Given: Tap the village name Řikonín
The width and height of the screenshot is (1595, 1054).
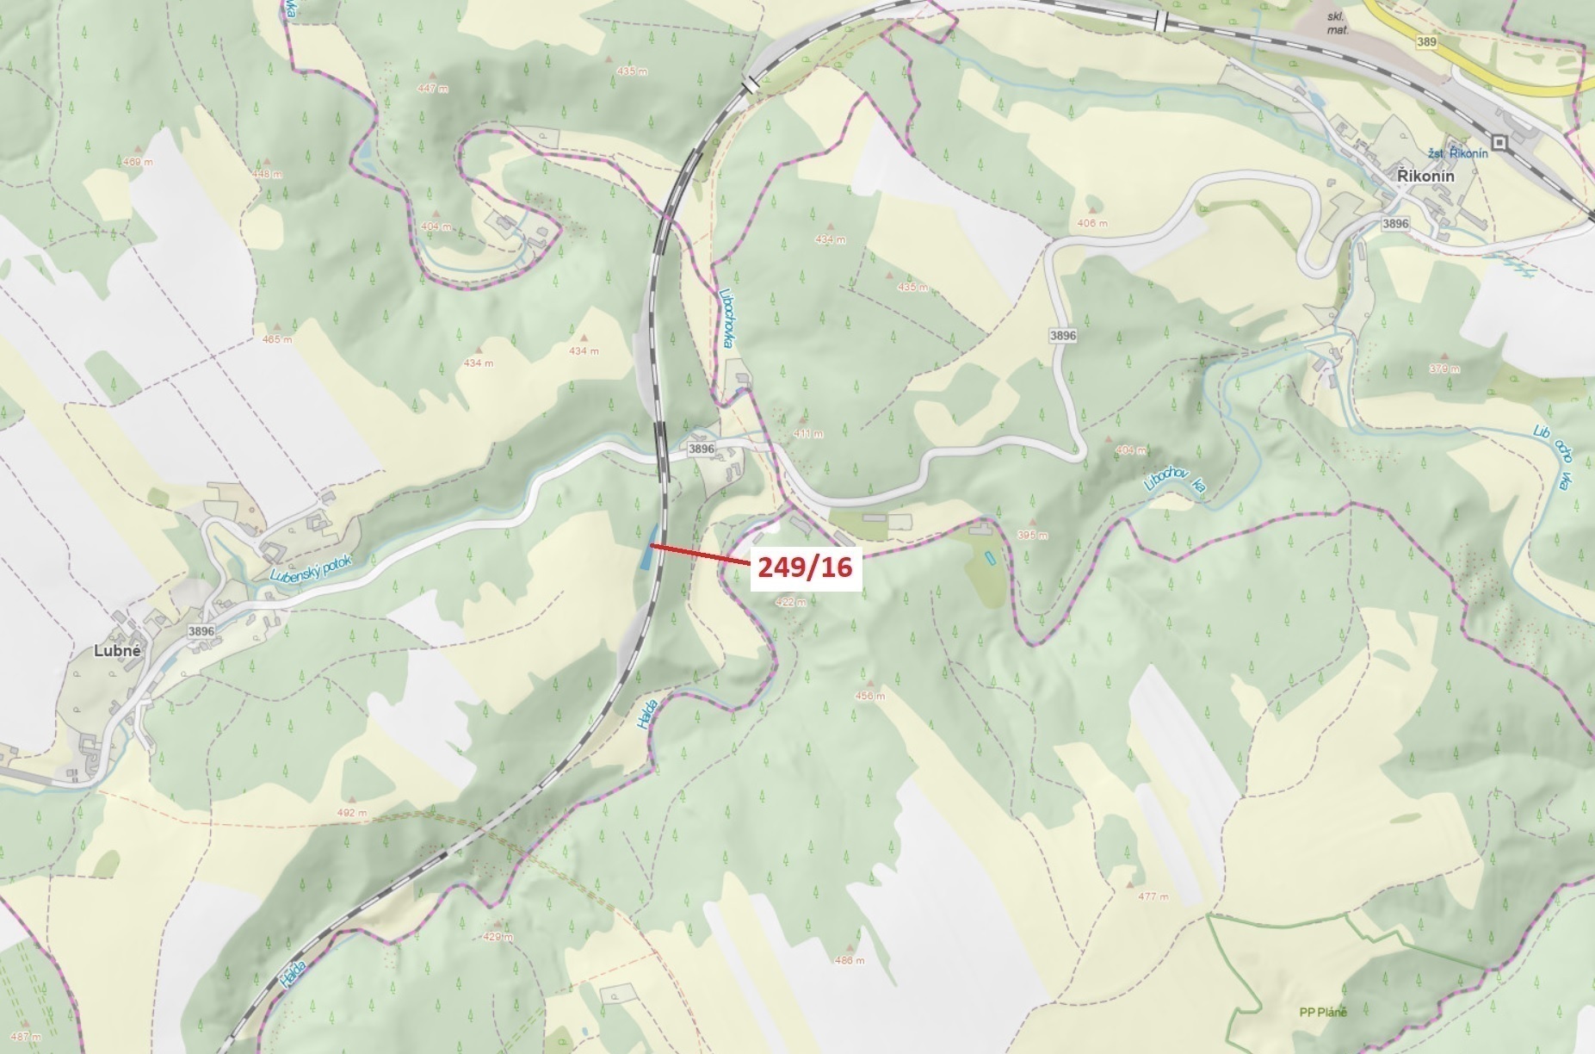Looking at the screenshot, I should (x=1425, y=177).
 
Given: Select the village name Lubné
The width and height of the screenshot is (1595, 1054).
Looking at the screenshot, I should (x=117, y=651).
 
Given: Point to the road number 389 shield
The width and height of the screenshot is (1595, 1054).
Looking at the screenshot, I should (x=1426, y=40).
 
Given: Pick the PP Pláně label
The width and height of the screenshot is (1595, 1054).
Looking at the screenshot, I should (x=1323, y=1012).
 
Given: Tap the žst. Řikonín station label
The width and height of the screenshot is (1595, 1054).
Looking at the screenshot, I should (x=1458, y=153).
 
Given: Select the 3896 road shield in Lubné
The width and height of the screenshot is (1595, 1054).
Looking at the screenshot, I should (x=201, y=631).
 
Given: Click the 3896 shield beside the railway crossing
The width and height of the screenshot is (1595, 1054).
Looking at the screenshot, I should (x=702, y=449).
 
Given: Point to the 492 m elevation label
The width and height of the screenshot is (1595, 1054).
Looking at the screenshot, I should (x=352, y=812).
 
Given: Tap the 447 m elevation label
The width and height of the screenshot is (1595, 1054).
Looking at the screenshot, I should (x=433, y=89).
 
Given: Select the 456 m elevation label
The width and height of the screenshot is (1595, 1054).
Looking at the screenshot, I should (x=869, y=696).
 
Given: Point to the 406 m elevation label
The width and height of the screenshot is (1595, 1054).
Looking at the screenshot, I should (x=1092, y=223).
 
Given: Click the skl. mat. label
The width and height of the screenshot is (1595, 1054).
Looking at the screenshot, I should (x=1337, y=23).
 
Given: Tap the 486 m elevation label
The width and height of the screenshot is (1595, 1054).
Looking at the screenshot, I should (x=849, y=961).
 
